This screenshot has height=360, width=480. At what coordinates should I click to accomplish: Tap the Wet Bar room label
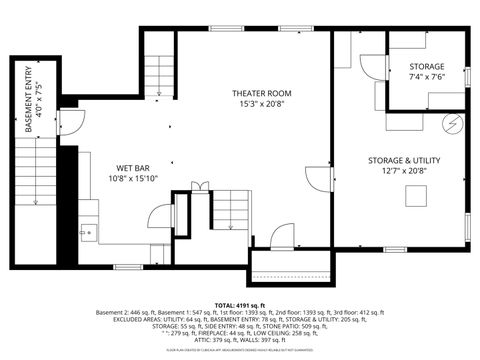132,167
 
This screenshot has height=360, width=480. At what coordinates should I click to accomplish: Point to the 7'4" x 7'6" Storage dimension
426,77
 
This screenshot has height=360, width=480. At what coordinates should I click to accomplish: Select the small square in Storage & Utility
417,196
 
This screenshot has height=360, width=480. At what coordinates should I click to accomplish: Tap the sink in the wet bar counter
86,230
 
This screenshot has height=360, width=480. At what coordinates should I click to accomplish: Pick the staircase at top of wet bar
159,72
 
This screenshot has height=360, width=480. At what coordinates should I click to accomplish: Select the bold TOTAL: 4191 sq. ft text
240,304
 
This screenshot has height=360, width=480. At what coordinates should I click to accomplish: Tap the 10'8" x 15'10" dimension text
132,179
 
